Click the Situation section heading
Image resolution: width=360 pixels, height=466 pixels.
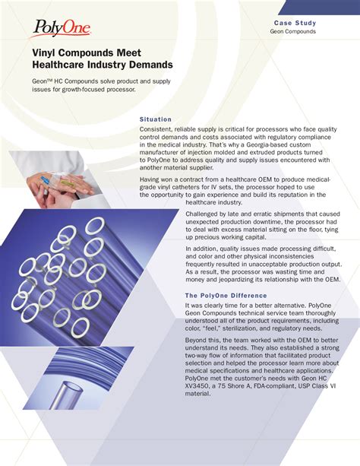[156, 119]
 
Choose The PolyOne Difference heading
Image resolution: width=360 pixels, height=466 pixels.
[226, 295]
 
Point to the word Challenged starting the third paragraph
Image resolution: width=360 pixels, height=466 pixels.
[207, 214]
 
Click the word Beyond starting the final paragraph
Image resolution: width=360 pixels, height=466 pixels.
[199, 343]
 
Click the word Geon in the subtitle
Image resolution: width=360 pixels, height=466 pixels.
[40, 81]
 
